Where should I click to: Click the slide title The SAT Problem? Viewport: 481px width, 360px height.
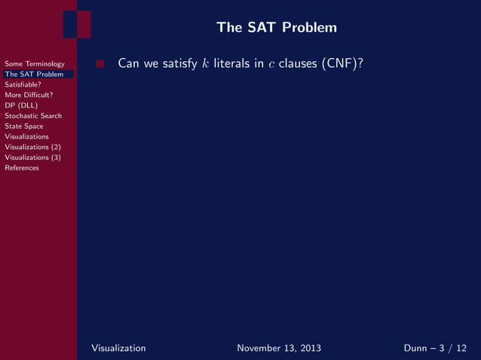(x=276, y=28)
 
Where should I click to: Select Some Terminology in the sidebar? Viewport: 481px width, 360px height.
(x=35, y=64)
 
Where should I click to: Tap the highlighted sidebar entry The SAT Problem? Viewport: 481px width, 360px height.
(x=34, y=74)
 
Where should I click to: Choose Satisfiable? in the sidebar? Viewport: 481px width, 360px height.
(x=23, y=84)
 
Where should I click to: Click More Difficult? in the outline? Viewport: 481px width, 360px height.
(x=29, y=95)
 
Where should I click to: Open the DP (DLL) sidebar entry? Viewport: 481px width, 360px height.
(x=21, y=105)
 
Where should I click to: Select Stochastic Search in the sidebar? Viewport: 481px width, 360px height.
(x=33, y=116)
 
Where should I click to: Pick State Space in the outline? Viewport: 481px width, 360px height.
(x=24, y=127)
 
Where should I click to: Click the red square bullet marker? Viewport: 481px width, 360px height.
(x=100, y=64)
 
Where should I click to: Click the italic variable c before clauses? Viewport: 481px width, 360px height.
(x=271, y=65)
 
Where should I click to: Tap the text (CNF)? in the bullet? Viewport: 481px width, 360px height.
(x=343, y=64)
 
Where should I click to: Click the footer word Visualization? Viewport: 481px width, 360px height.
(x=118, y=348)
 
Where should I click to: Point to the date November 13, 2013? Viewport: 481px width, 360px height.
(x=279, y=348)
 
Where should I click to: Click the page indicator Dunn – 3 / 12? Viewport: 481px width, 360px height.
(x=436, y=348)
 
